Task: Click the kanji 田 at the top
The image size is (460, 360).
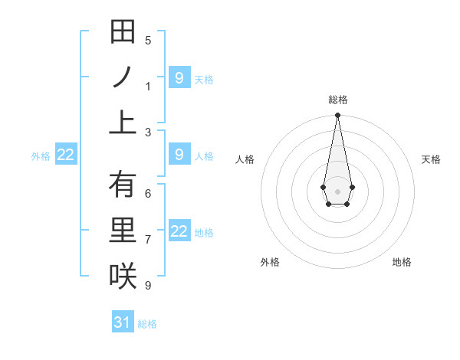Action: coord(123,33)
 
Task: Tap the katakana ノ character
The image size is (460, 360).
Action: coord(123,77)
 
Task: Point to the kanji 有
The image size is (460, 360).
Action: coord(123,185)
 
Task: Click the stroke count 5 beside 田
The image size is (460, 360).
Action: coord(148,41)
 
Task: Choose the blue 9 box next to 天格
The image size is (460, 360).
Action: coord(179,78)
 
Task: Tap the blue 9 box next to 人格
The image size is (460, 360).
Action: coord(179,155)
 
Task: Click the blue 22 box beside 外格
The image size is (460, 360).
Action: coord(66,155)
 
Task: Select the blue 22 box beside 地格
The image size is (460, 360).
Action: coord(179,231)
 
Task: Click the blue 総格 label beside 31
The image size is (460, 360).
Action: coord(147,324)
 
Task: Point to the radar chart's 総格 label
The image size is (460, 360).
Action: coord(338,100)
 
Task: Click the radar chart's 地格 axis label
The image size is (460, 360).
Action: coord(402,262)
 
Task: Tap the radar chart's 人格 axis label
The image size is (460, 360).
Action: coord(245,159)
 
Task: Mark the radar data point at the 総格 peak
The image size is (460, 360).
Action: coord(337,116)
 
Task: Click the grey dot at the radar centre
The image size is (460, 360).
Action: coord(337,191)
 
